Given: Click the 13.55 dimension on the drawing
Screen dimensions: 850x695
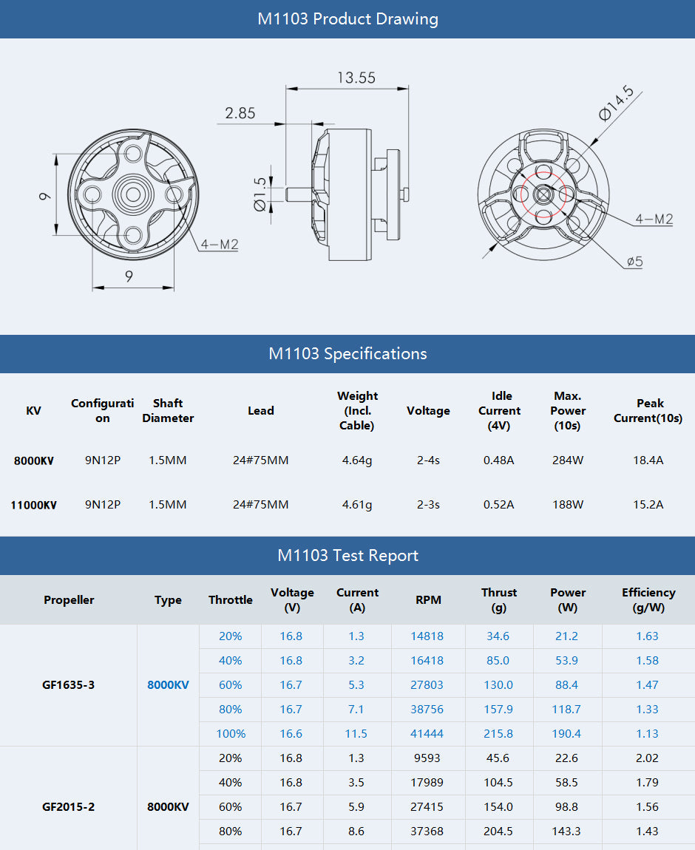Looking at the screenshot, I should pyautogui.click(x=356, y=78).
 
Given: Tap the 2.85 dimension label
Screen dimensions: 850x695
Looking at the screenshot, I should pyautogui.click(x=240, y=113).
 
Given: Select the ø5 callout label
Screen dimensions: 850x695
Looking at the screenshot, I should pyautogui.click(x=634, y=262).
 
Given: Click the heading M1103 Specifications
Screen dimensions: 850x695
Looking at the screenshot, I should pyautogui.click(x=347, y=353).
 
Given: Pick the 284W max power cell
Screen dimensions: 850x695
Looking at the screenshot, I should pyautogui.click(x=568, y=460).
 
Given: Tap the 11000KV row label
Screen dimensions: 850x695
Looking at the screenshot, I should pyautogui.click(x=33, y=506).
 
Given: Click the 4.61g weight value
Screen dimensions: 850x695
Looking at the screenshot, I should pyautogui.click(x=357, y=505).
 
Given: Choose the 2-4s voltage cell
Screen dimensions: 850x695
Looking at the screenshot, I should pyautogui.click(x=428, y=460).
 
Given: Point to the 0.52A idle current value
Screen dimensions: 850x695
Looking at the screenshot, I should pyautogui.click(x=498, y=505).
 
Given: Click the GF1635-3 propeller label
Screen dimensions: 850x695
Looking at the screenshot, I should pyautogui.click(x=68, y=685).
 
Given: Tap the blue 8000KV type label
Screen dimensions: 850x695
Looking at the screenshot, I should pyautogui.click(x=168, y=685).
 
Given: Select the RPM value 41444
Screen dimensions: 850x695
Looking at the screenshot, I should pyautogui.click(x=427, y=734).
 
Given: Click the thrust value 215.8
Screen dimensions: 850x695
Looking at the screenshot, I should pyautogui.click(x=498, y=734).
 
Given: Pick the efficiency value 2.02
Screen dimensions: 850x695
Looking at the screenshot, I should pyautogui.click(x=647, y=758).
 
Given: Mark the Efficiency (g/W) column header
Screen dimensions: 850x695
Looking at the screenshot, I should pyautogui.click(x=648, y=599).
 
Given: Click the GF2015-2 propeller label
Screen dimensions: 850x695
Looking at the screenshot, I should pyautogui.click(x=68, y=807).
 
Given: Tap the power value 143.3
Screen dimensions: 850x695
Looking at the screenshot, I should pyautogui.click(x=566, y=832).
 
